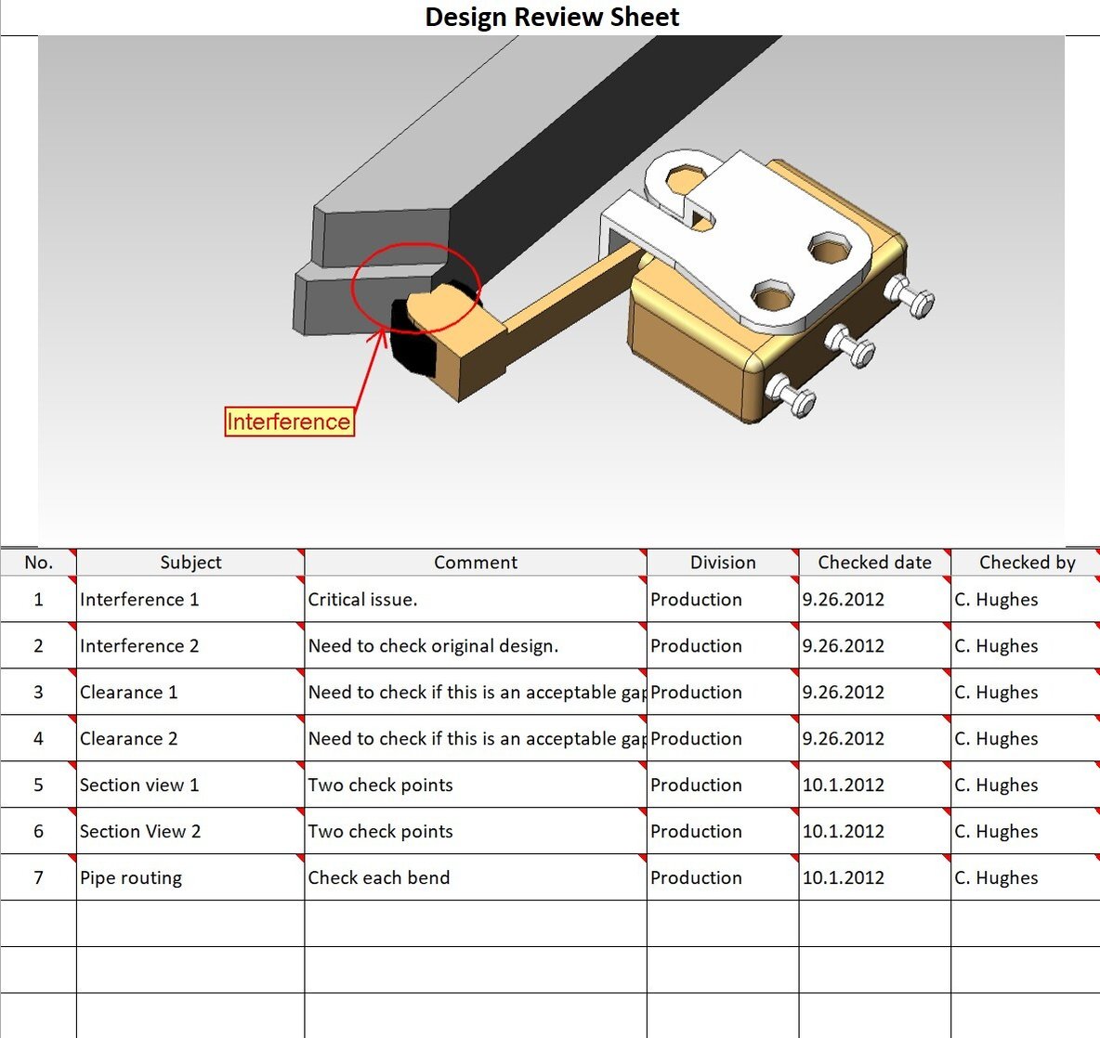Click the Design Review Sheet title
tap(552, 17)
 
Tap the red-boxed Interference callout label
tap(289, 422)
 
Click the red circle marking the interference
tap(416, 287)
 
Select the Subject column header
tap(190, 563)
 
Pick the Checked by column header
tap(1027, 563)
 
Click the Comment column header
tap(476, 563)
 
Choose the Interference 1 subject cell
tap(139, 600)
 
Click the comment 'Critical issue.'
tap(362, 600)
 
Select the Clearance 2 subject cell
tap(128, 739)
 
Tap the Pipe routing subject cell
tap(131, 878)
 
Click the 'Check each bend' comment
tap(379, 878)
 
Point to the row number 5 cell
tap(38, 785)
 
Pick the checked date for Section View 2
tap(843, 832)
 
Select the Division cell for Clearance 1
tap(696, 693)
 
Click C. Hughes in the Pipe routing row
tap(996, 878)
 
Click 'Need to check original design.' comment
tap(433, 646)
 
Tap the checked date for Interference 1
tap(843, 600)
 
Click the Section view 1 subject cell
tap(139, 785)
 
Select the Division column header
tap(723, 563)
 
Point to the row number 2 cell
tap(38, 646)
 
